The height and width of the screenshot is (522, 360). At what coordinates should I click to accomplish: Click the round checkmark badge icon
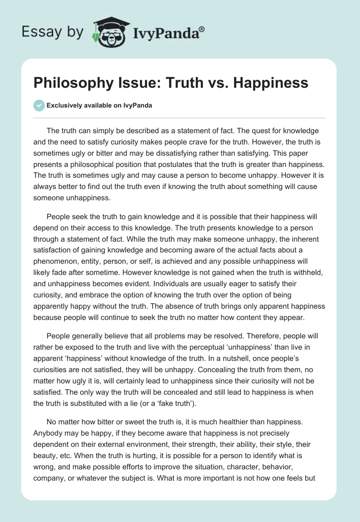39,105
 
